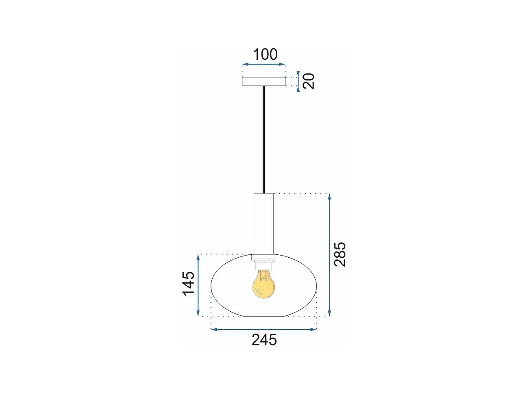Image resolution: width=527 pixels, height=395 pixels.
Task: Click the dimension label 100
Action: click(x=265, y=54)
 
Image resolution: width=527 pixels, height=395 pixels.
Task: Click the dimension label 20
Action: click(x=309, y=81)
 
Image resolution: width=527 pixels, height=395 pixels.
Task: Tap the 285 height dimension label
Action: click(x=340, y=254)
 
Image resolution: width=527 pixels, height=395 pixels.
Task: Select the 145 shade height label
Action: click(x=188, y=284)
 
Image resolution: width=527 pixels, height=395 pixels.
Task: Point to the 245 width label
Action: click(x=264, y=340)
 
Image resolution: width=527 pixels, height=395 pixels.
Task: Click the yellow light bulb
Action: click(x=263, y=286)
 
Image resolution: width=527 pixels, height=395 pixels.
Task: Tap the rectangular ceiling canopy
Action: click(x=263, y=82)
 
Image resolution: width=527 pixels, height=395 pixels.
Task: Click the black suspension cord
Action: click(x=263, y=138)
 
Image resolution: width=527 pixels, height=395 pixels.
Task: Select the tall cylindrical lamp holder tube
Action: click(x=263, y=224)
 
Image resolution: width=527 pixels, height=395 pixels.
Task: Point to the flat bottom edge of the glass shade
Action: click(x=263, y=316)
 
